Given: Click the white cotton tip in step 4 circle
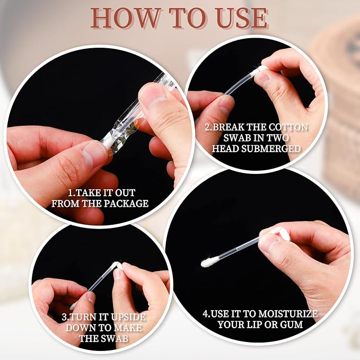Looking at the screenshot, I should [x=208, y=262].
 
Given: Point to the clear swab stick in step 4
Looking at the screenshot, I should [x=236, y=250].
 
